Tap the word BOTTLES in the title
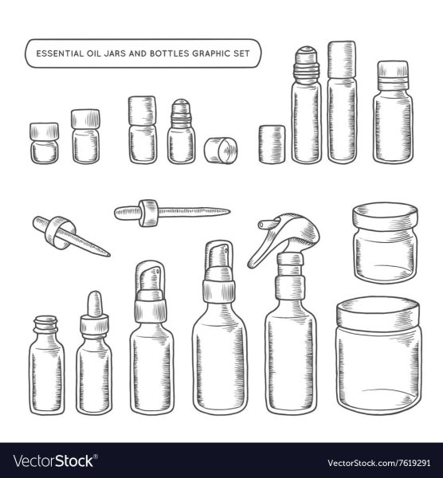point(169,53)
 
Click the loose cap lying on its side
point(221,151)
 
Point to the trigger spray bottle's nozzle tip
point(261,225)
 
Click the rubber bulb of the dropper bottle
point(95,304)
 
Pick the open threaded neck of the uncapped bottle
point(45,323)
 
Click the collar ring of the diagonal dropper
point(59,233)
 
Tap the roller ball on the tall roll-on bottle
point(307,51)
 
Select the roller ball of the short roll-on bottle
point(181,104)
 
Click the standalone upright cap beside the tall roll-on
point(272,144)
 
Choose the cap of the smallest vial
point(44,131)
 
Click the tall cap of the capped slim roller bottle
point(342,60)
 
